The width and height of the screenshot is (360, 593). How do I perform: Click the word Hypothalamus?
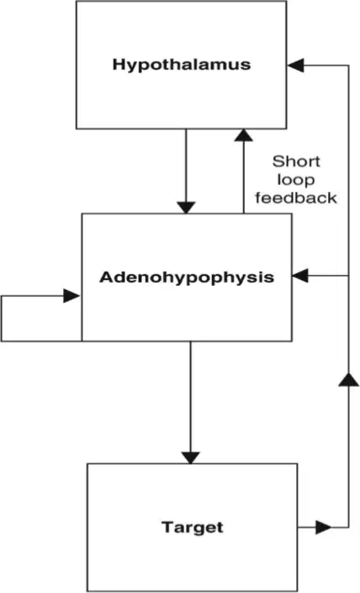coord(182,65)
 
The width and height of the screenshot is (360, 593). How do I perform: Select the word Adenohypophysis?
coord(187,278)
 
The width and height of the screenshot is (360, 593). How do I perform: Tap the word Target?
coord(193,527)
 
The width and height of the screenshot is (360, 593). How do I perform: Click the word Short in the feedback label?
coord(296,161)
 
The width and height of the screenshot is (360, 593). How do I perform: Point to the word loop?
coord(296,180)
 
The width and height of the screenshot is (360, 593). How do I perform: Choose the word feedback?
coord(296,198)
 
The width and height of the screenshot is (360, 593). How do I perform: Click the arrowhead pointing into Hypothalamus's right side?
coord(296,66)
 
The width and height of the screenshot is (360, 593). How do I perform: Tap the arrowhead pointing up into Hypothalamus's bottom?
coord(244,135)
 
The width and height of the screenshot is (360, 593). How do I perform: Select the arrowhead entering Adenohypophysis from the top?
coord(186,207)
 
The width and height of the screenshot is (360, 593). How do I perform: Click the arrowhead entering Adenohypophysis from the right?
coord(300,276)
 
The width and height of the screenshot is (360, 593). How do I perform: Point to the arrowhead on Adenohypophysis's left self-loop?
coord(71,296)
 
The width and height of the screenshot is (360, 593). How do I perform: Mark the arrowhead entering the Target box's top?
coord(191,458)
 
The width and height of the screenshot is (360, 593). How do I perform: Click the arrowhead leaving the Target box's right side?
coord(323,527)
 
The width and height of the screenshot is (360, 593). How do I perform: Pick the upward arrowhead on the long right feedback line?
coord(348,379)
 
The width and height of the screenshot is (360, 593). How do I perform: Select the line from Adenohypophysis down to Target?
coord(191,402)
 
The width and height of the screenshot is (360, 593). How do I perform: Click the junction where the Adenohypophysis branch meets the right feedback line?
coord(348,276)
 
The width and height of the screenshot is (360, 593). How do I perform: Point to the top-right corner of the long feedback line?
coord(348,66)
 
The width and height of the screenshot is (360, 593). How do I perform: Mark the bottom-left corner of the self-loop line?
coord(2,341)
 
